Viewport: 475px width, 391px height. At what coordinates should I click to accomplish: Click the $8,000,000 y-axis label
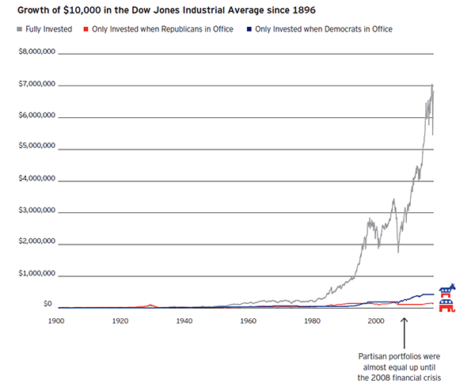click(36, 52)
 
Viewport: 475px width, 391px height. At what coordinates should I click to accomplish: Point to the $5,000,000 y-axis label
click(36, 147)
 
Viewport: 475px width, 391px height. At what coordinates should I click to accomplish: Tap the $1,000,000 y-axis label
click(36, 275)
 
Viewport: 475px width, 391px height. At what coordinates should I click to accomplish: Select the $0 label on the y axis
click(47, 304)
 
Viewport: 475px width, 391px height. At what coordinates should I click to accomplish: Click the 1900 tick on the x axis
click(56, 322)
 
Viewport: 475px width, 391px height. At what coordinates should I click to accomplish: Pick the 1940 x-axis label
click(184, 322)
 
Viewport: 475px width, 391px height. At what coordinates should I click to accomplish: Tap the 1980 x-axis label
click(312, 322)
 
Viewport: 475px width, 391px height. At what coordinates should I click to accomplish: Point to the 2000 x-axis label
click(375, 322)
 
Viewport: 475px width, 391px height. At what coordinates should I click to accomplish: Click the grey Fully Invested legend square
click(18, 29)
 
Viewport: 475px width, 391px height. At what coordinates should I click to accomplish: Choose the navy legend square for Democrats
click(247, 29)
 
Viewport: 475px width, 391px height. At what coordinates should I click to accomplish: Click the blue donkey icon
click(447, 289)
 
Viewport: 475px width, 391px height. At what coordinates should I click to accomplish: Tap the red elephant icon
click(447, 305)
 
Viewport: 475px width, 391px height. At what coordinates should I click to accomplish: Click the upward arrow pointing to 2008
click(405, 332)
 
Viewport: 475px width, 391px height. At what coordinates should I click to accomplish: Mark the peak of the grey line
click(432, 84)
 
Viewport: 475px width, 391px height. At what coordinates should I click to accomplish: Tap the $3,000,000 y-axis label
click(36, 211)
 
